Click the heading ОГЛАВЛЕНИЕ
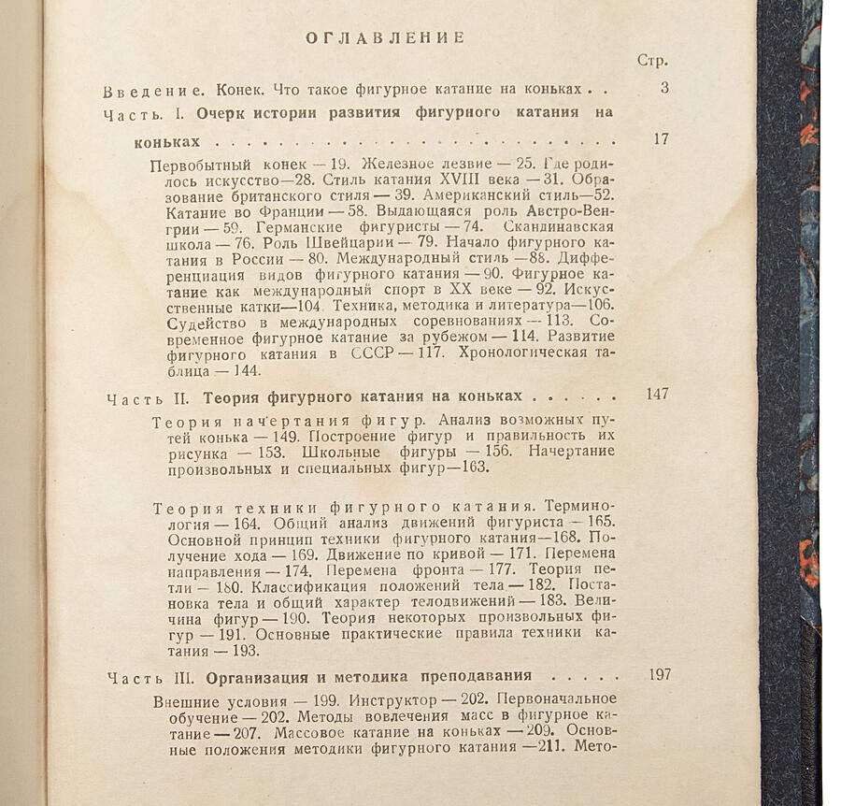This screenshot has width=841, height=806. [386, 37]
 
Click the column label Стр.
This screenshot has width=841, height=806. [651, 62]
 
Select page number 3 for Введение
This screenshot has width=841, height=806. [663, 89]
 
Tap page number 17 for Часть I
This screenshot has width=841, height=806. [662, 140]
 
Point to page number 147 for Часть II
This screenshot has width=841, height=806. [657, 394]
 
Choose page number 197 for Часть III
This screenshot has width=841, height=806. [659, 674]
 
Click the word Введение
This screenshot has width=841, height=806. [154, 91]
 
